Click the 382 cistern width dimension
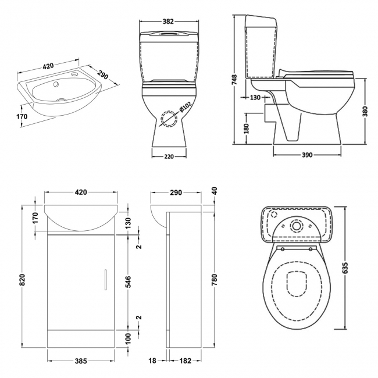tap(168, 22)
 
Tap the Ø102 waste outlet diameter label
tap(186, 107)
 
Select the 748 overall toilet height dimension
tap(234, 80)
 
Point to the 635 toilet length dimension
tap(345, 268)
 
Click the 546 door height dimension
tap(128, 282)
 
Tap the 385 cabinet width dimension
tap(81, 361)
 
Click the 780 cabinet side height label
tap(215, 280)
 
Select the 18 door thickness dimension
tap(152, 361)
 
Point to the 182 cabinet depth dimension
tap(186, 361)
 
